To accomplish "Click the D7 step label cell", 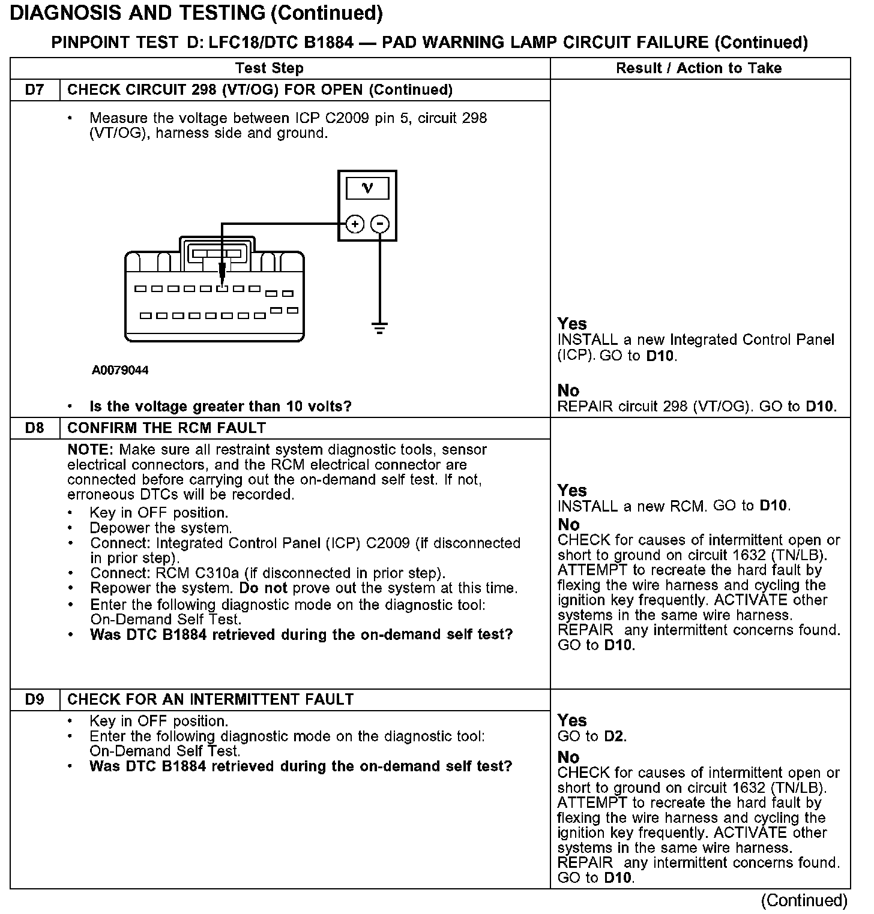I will pyautogui.click(x=35, y=90).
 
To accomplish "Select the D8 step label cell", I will pyautogui.click(x=35, y=428).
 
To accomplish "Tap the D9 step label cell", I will pyautogui.click(x=35, y=699).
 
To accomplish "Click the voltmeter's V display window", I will pyautogui.click(x=367, y=189).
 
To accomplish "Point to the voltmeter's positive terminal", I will pyautogui.click(x=355, y=224).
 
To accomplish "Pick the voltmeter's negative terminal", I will pyautogui.click(x=380, y=224).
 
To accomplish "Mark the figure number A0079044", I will pyautogui.click(x=120, y=370).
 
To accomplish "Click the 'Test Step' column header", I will pyautogui.click(x=269, y=68).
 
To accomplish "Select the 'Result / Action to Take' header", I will pyautogui.click(x=699, y=68).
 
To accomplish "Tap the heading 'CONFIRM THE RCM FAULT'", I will pyautogui.click(x=166, y=428).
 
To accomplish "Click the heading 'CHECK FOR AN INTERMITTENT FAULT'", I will pyautogui.click(x=210, y=699).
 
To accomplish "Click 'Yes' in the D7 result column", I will pyautogui.click(x=571, y=324).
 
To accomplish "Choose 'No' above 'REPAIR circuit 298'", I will pyautogui.click(x=568, y=390).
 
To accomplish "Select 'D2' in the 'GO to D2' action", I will pyautogui.click(x=615, y=736).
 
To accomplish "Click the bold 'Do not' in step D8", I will pyautogui.click(x=263, y=588).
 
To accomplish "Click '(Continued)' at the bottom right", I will pyautogui.click(x=804, y=900).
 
